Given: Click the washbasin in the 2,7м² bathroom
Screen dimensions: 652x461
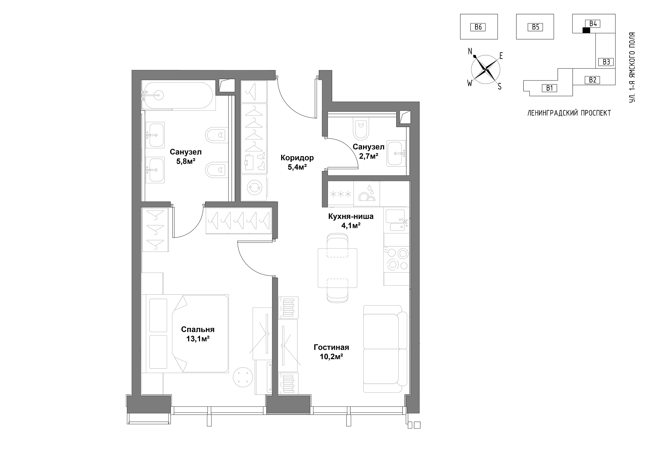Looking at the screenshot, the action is tap(396, 154).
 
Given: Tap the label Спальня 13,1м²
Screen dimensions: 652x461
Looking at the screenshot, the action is tap(198, 334).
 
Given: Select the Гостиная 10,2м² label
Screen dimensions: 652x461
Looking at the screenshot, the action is tap(331, 352).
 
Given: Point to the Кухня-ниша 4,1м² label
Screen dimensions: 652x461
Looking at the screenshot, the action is tap(351, 221).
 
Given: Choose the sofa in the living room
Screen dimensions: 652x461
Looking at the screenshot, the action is tap(385, 349).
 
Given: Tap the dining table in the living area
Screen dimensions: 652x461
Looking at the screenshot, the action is tap(338, 268).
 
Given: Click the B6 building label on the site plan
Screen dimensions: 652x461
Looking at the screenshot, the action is tap(478, 27).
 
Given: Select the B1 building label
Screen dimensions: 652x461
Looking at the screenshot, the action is tap(549, 88).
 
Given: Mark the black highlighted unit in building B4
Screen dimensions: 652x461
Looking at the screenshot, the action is tap(586, 30).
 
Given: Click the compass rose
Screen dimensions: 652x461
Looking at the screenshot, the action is tap(485, 69).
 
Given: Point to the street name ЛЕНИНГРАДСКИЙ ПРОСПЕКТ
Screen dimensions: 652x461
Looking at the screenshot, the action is tap(569, 113).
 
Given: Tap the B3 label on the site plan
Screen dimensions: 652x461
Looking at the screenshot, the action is tap(606, 62).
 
